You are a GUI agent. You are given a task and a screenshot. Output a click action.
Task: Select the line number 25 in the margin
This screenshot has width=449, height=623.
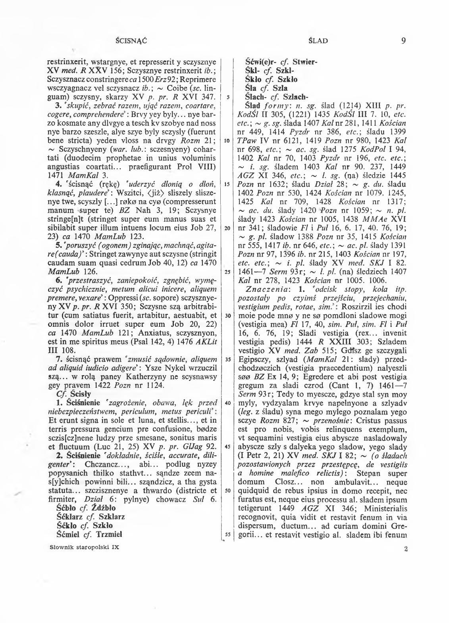pos(227,272)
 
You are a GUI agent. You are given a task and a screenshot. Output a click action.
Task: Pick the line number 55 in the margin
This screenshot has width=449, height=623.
pos(227,534)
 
